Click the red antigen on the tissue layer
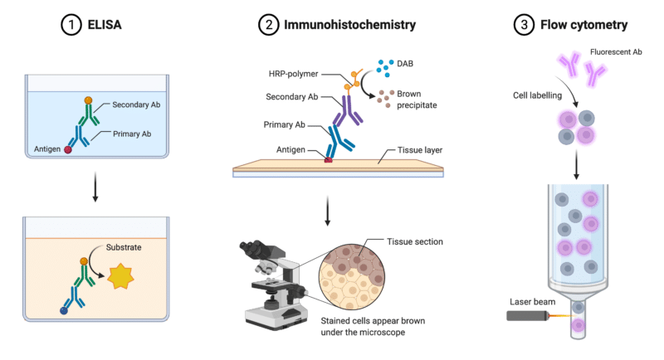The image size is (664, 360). point(329,158)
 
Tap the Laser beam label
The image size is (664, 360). point(530,303)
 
